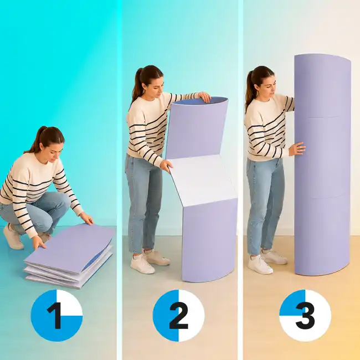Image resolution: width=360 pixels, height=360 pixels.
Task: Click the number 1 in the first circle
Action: (55, 316)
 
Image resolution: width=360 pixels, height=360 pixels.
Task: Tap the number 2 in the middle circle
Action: (178, 316)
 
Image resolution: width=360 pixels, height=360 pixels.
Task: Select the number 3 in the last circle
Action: (305, 316)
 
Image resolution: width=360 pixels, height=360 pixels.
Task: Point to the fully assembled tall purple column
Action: (322, 164)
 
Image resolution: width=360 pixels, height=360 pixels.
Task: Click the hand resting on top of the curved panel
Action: (204, 96)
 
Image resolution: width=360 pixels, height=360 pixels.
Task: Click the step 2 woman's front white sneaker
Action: (142, 265)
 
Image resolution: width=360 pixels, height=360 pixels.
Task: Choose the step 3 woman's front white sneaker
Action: (260, 265)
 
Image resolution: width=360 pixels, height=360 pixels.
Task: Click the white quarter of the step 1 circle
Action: (69, 303)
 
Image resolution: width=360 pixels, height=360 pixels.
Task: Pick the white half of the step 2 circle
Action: (191, 316)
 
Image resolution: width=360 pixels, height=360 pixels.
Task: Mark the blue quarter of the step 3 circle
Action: (292, 303)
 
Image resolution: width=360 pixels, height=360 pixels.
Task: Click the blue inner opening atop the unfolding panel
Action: (199, 101)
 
